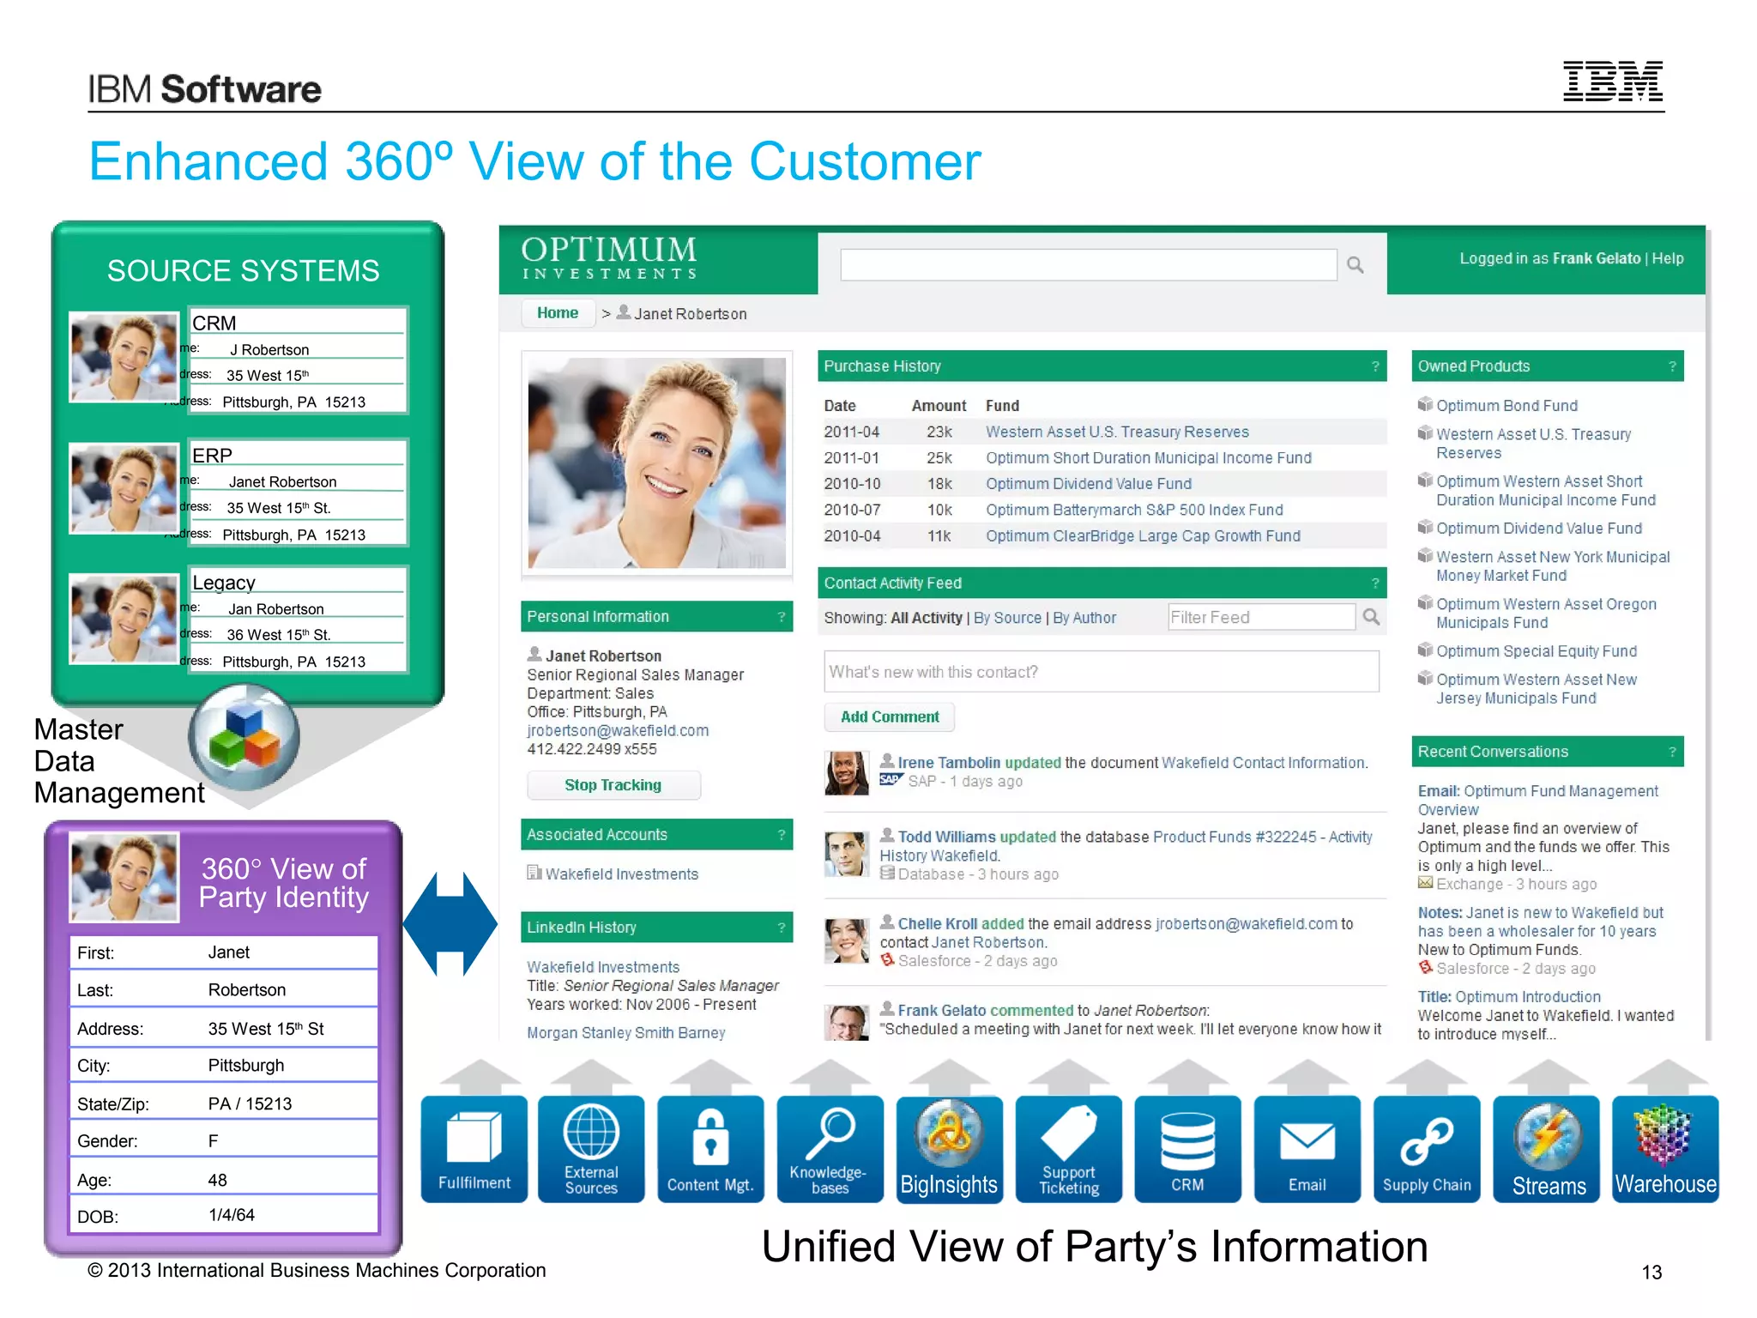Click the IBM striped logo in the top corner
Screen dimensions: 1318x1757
1612,82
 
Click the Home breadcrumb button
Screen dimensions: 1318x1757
558,313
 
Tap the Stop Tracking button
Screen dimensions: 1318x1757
613,785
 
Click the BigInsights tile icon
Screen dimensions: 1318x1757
949,1148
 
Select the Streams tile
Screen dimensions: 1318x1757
1547,1148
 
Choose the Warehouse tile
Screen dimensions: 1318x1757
1665,1148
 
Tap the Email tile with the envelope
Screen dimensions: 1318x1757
1307,1148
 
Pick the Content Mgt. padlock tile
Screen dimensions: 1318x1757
710,1148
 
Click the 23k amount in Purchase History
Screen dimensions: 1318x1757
939,432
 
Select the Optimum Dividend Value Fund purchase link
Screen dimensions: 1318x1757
1088,484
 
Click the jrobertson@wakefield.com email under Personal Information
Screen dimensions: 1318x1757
618,730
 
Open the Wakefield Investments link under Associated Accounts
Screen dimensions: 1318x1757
621,874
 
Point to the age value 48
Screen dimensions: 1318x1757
218,1180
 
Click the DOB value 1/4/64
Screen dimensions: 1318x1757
232,1215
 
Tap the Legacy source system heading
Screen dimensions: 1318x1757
224,583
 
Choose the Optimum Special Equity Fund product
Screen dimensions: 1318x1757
1536,651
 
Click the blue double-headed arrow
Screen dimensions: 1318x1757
450,923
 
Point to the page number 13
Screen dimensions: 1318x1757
1651,1272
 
